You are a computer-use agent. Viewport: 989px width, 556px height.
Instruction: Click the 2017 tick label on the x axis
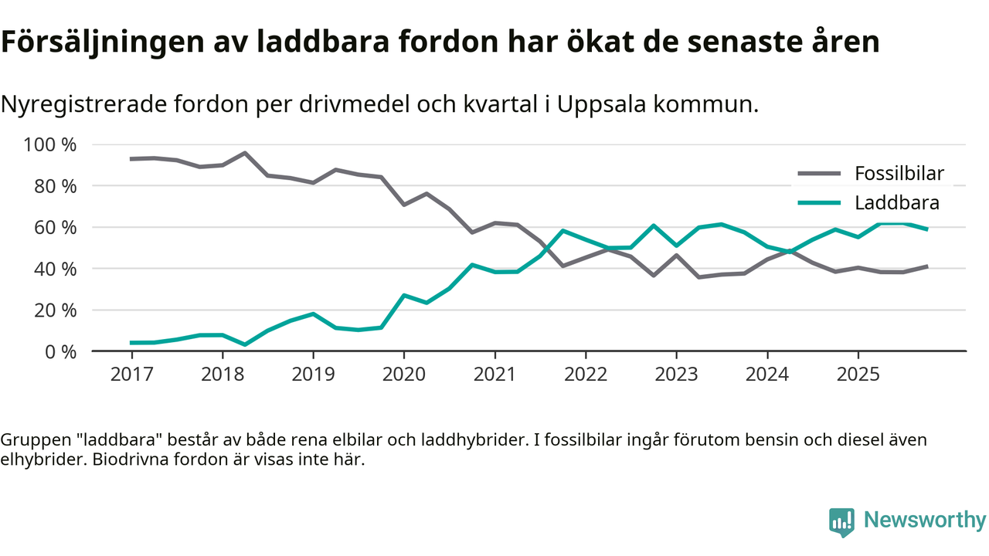pyautogui.click(x=131, y=375)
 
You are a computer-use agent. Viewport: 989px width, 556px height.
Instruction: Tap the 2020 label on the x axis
pyautogui.click(x=404, y=375)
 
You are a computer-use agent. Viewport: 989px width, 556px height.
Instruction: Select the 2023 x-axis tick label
pyautogui.click(x=676, y=375)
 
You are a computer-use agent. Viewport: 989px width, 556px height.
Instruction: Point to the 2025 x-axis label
pyautogui.click(x=858, y=375)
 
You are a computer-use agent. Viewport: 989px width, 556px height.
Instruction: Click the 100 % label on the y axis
pyautogui.click(x=51, y=145)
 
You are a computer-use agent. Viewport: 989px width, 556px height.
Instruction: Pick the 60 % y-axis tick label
pyautogui.click(x=56, y=228)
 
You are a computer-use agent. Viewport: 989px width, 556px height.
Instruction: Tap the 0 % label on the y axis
pyautogui.click(x=60, y=351)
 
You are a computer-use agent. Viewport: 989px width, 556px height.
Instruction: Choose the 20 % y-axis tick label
pyautogui.click(x=56, y=310)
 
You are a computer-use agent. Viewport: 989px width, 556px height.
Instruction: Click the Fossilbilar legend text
pyautogui.click(x=899, y=174)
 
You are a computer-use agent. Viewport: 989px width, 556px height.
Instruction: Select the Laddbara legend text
pyautogui.click(x=896, y=203)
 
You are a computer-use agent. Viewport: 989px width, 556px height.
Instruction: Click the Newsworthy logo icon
pyautogui.click(x=841, y=522)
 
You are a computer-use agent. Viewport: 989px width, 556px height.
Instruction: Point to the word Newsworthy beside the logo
pyautogui.click(x=925, y=520)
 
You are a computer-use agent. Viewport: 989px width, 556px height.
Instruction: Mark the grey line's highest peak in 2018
pyautogui.click(x=245, y=153)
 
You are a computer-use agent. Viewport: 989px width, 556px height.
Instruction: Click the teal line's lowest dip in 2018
pyautogui.click(x=245, y=344)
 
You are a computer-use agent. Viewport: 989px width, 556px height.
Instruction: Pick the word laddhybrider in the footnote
pyautogui.click(x=474, y=440)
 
